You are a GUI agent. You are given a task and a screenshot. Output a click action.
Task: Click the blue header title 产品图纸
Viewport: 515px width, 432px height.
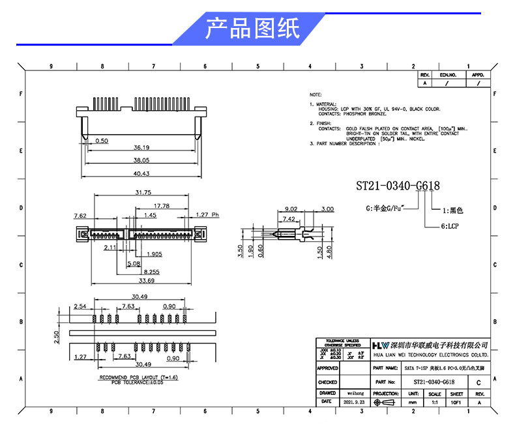click(x=252, y=29)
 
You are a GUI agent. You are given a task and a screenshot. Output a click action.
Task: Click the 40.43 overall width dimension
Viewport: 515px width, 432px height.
click(x=141, y=173)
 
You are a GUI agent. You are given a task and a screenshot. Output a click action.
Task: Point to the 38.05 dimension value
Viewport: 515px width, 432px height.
click(x=141, y=160)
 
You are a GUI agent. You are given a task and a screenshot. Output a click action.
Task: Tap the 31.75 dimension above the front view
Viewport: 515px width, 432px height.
click(x=143, y=192)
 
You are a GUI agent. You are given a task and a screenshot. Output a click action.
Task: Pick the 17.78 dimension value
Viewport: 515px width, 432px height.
click(x=162, y=205)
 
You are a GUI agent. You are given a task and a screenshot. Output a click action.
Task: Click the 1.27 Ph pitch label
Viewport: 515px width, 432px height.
click(x=208, y=214)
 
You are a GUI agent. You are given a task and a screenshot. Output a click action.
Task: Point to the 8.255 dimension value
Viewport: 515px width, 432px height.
click(x=153, y=272)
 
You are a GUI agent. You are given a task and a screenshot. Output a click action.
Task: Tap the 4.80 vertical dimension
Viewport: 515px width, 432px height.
click(x=329, y=253)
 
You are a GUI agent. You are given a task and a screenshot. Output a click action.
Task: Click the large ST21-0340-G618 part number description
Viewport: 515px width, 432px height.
click(x=397, y=186)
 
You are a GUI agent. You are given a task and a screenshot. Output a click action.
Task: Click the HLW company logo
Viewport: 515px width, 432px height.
click(x=380, y=345)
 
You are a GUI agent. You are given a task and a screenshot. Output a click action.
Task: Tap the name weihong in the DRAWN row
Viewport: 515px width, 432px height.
click(x=355, y=394)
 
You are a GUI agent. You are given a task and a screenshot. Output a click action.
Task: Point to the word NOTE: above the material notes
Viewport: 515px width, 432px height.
click(x=316, y=94)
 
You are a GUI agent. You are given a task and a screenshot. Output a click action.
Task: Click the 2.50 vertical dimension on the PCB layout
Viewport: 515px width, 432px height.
click(x=57, y=336)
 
